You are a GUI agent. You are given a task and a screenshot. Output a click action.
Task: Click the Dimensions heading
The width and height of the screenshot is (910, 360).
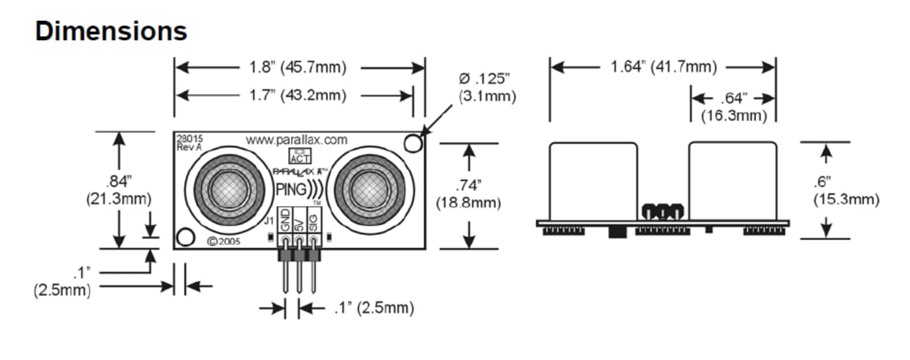[x=111, y=31]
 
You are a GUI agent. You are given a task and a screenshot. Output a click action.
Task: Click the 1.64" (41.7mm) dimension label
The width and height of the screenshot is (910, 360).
[x=663, y=67]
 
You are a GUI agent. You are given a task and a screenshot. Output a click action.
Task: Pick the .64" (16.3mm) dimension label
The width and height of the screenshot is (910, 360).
[x=733, y=107]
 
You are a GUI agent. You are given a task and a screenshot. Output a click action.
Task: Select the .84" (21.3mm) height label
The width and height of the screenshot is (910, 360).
[x=118, y=189]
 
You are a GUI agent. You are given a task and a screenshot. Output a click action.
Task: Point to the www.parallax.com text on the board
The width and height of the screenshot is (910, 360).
[x=296, y=139]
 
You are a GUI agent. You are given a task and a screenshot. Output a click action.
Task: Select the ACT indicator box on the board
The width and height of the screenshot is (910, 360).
[x=300, y=156]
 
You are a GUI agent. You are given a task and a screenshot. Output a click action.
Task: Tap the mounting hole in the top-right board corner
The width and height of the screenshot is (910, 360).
[x=412, y=143]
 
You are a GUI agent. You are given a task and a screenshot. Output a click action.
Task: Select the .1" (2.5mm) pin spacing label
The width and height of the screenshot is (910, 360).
[x=373, y=308]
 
